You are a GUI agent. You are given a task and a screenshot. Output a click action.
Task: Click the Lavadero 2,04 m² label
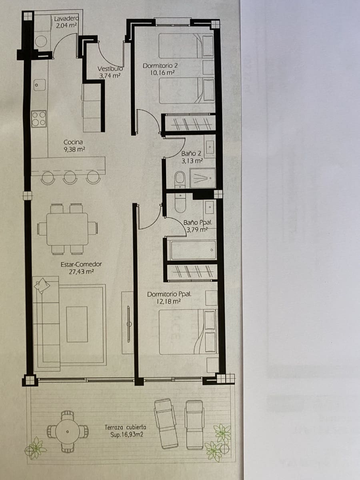66,22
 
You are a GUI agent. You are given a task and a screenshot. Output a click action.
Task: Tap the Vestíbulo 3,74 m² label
110,72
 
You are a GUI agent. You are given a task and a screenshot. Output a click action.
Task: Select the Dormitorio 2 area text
160,69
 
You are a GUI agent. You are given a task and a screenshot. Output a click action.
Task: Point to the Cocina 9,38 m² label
74,146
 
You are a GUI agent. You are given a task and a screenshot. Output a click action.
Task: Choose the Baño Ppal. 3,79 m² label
196,226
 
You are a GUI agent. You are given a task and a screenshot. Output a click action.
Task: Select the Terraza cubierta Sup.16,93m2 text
125,431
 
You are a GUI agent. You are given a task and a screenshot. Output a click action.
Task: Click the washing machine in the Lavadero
42,41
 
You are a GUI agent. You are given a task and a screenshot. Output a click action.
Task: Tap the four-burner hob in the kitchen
39,119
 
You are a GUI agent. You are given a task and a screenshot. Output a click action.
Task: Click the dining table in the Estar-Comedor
67,229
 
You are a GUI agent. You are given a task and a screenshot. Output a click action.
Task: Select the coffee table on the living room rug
77,324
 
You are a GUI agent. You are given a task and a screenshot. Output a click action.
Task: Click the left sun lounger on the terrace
167,423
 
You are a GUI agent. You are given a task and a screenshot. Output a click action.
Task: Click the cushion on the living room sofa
42,285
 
